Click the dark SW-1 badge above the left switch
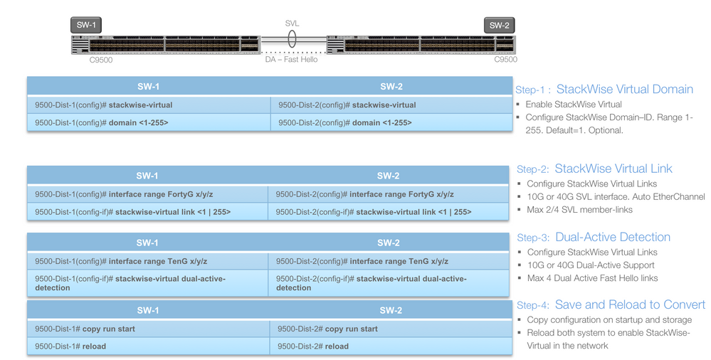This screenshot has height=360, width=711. tap(86, 25)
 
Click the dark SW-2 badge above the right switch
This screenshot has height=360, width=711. tap(500, 26)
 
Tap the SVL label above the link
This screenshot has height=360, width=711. tap(292, 23)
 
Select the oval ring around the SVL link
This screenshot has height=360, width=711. tap(292, 40)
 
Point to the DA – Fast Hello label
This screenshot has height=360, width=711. tap(292, 60)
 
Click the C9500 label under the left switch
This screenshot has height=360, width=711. tap(100, 60)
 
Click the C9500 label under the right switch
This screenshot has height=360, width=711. tap(505, 60)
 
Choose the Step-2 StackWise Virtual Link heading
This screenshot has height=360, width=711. tap(594, 169)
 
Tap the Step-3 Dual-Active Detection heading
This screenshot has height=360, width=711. tap(594, 238)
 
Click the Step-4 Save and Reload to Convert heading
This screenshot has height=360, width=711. tap(611, 305)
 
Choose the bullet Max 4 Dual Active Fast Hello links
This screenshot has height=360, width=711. tap(592, 278)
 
